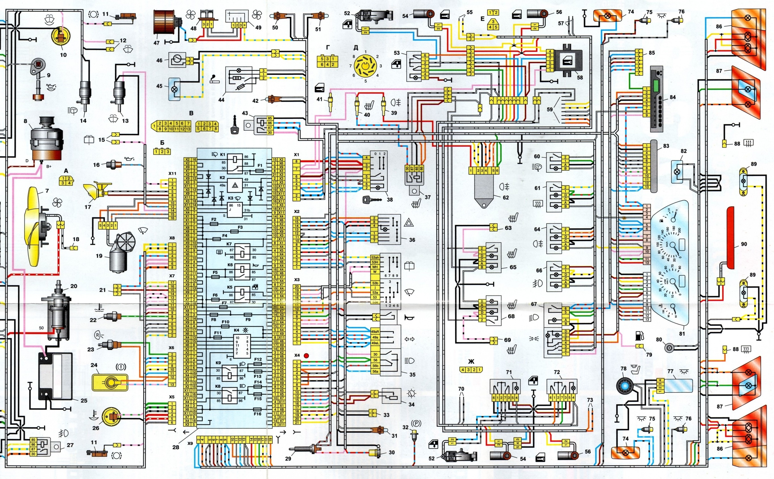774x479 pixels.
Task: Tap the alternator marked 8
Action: (x=46, y=139)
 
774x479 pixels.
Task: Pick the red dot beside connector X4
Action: (x=306, y=355)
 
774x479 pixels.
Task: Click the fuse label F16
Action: (x=257, y=414)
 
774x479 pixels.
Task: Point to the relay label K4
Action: (x=236, y=330)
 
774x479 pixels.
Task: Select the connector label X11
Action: (x=172, y=174)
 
